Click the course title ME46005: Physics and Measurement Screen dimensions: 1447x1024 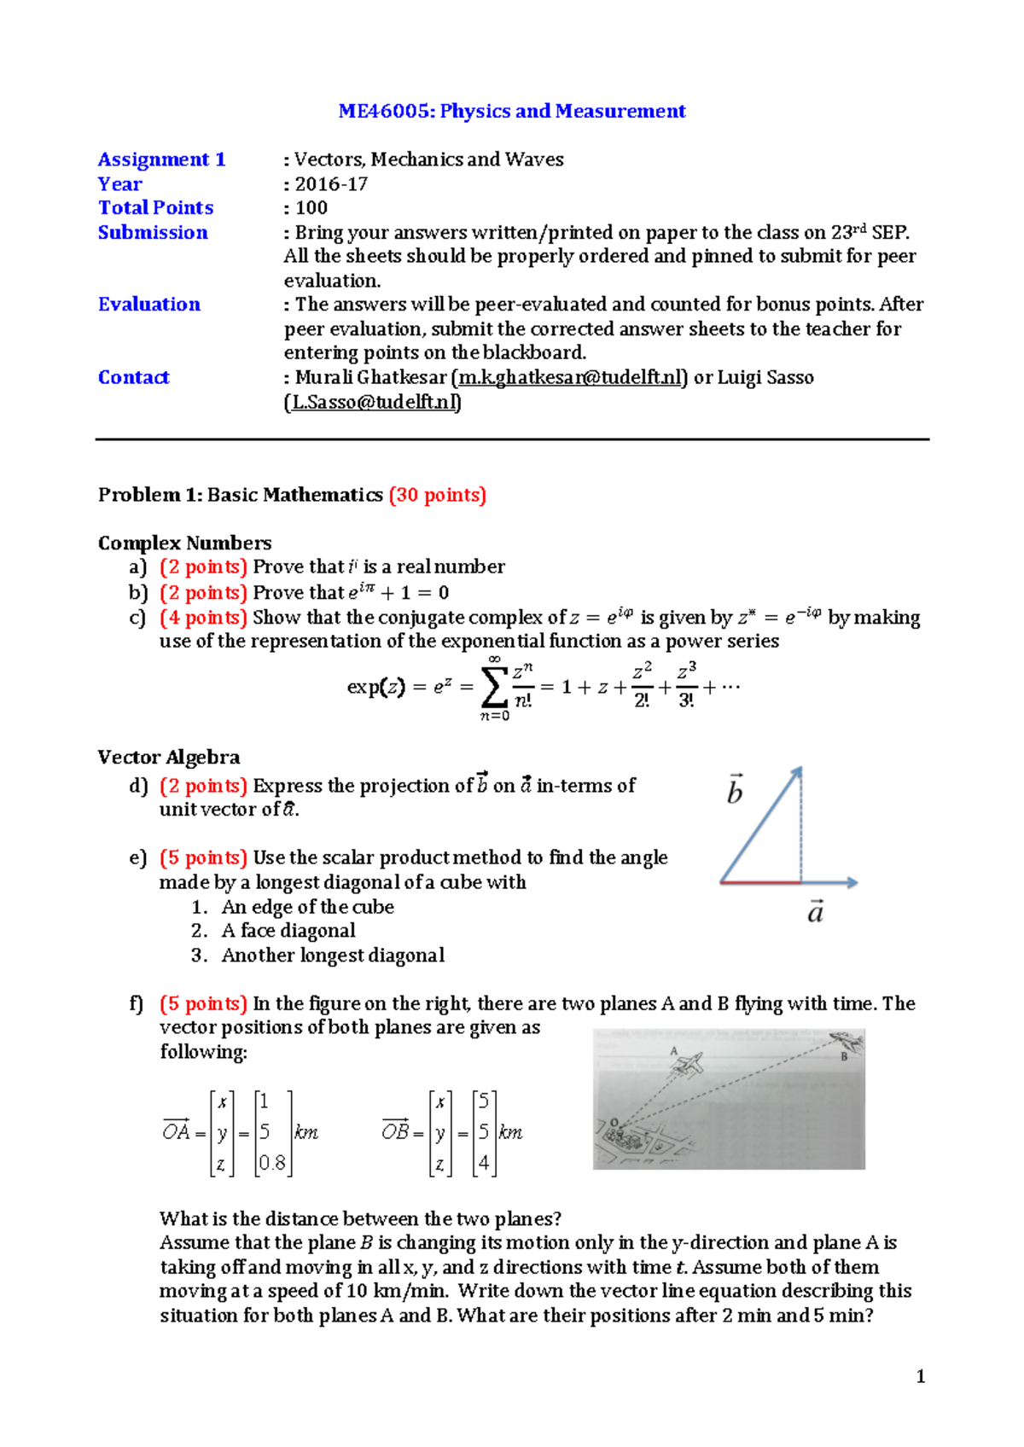pos(512,111)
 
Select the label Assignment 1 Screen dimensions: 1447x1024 pos(161,160)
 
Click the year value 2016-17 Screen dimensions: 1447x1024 pos(331,184)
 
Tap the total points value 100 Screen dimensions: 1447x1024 pos(311,208)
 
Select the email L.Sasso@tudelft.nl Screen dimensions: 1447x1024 pos(373,402)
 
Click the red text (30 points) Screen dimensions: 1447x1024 pos(437,495)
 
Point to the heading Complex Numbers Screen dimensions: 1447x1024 pos(184,543)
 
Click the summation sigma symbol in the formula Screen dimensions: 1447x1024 pos(494,686)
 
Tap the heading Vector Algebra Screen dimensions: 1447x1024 pos(169,757)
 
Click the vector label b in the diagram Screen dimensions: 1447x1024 pos(735,790)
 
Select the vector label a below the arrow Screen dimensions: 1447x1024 pos(816,912)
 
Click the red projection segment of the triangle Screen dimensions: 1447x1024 pos(760,882)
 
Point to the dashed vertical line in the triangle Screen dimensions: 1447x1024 pos(801,828)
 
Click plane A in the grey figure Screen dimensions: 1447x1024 pos(688,1063)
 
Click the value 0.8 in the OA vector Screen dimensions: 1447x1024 pos(272,1163)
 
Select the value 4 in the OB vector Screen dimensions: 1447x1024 pos(484,1163)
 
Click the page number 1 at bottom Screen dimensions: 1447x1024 pos(920,1376)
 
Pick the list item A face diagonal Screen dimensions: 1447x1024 pos(288,931)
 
